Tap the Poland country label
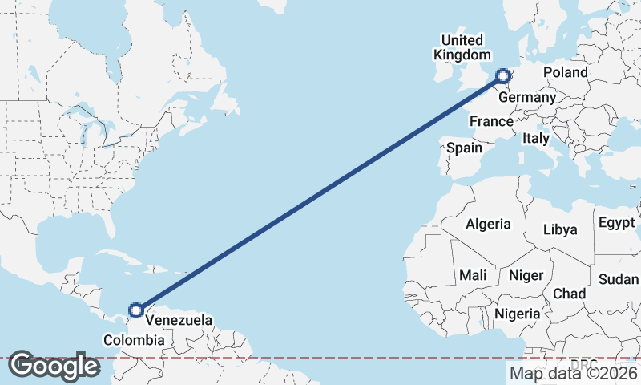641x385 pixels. [x=565, y=72]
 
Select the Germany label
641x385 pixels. [x=526, y=97]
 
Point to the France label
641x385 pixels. [x=491, y=121]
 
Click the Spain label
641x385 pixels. [x=464, y=148]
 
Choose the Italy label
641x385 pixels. [x=535, y=139]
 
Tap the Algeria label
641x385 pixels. [x=488, y=223]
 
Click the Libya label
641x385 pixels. [x=559, y=229]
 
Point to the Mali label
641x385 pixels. [x=473, y=275]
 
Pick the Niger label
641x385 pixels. [x=526, y=275]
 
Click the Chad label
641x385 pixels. [x=569, y=294]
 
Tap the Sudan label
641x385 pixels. [x=619, y=279]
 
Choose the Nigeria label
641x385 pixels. [x=518, y=314]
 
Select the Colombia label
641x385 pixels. [x=134, y=341]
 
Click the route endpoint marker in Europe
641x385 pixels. [x=503, y=77]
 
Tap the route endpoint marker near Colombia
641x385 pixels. [x=136, y=310]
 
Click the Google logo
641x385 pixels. [x=54, y=366]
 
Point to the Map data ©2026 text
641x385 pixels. [x=573, y=372]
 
